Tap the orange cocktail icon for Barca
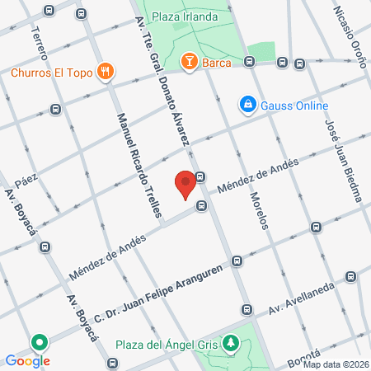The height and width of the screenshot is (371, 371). [x=188, y=61]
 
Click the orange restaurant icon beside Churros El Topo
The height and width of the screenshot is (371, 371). [x=104, y=72]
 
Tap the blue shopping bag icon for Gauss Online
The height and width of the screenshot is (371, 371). [x=247, y=105]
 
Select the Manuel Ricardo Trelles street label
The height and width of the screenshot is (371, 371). [x=139, y=164]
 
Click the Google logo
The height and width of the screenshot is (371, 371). [x=27, y=360]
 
